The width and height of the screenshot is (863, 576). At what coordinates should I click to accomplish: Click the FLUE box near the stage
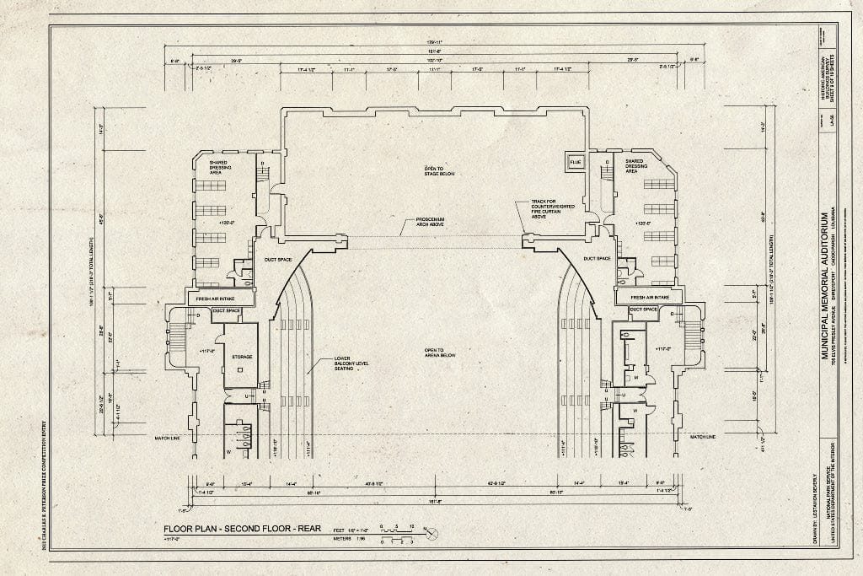click(576, 162)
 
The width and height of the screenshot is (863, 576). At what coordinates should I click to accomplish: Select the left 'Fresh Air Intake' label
click(220, 298)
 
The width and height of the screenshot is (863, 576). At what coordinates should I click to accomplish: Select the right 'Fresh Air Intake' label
click(649, 298)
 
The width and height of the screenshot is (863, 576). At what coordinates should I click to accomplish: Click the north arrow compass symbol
click(431, 534)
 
